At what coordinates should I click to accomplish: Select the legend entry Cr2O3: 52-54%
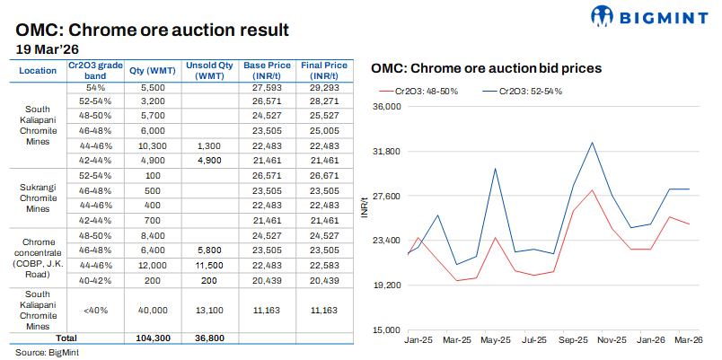(529, 92)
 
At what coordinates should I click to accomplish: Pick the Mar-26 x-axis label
(689, 342)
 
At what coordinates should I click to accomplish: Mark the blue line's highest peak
(592, 142)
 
